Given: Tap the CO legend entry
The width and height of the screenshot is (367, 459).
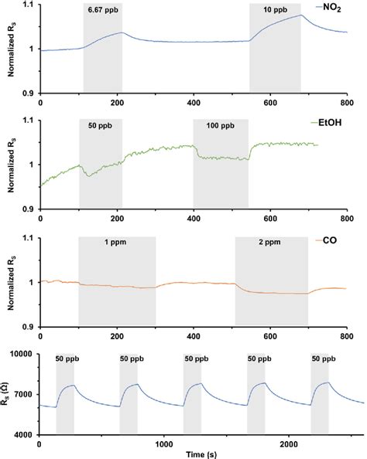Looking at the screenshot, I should point(340,243).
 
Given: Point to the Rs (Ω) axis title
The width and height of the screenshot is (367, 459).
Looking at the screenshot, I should point(8,394).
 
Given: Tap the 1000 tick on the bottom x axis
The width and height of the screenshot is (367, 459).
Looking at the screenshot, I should point(163,444).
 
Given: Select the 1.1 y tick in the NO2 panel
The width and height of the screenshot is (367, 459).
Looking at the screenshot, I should point(29,5).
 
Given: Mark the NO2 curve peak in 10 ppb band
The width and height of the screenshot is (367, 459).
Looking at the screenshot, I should point(300,15).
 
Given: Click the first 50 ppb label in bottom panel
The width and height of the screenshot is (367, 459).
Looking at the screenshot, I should point(65,359).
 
